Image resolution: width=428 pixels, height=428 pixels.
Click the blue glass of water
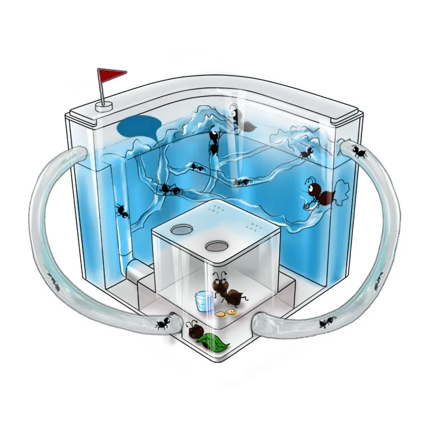click(202, 301)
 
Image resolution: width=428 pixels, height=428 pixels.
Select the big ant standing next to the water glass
click(227, 292)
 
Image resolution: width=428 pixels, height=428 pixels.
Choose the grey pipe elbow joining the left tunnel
click(138, 273)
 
